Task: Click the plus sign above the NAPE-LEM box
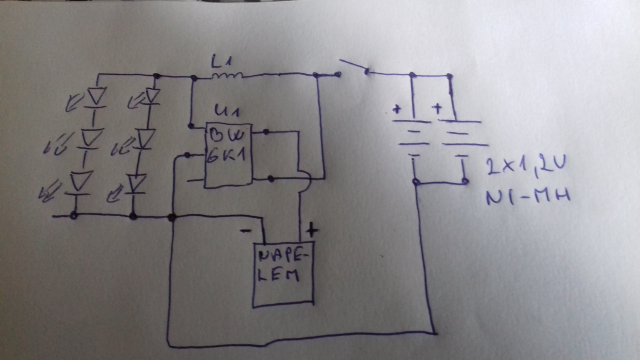pos(311,230)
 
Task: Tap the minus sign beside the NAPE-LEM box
pos(245,231)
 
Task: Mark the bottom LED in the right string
pos(135,183)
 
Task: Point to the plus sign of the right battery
pos(438,107)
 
